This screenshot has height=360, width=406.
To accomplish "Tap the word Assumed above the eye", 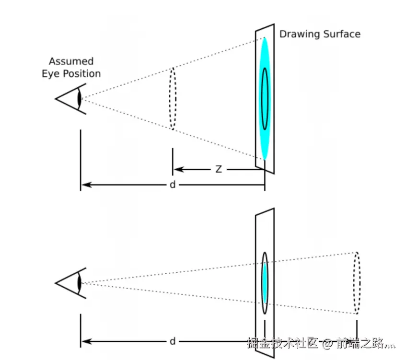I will (71, 61).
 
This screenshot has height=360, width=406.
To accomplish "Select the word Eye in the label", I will (50, 74).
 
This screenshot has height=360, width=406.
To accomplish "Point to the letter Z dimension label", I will (218, 169).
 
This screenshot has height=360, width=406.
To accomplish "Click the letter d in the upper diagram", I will (173, 185).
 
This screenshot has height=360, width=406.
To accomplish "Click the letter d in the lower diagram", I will (173, 341).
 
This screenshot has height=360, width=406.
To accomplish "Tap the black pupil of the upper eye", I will (80, 99).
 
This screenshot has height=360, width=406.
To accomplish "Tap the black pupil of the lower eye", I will (80, 283).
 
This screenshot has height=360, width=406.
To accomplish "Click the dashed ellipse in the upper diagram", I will (173, 98).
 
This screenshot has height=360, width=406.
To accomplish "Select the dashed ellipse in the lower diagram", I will (356, 283).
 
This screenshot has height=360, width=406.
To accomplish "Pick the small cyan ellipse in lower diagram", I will (264, 283).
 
